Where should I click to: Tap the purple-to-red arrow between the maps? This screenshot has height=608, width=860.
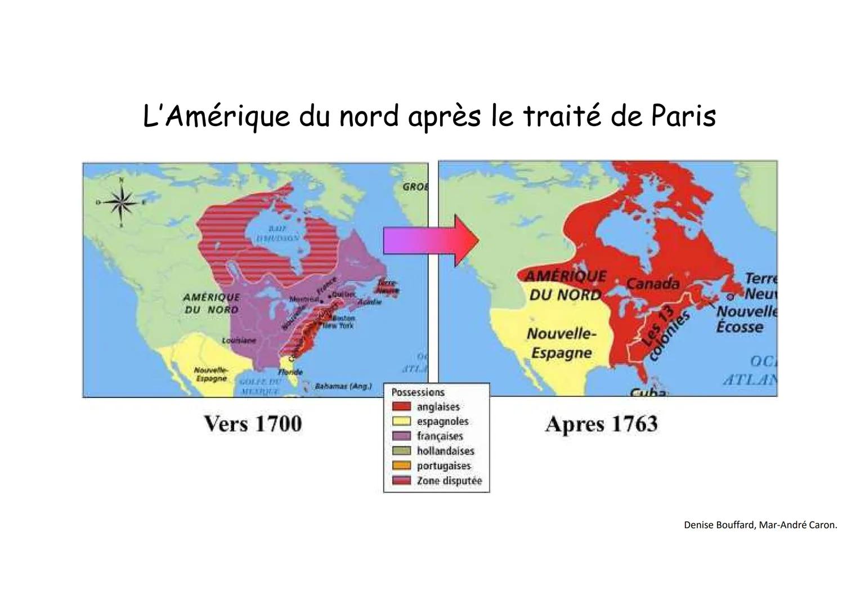tap(431, 241)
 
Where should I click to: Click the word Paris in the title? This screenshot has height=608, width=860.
tap(683, 117)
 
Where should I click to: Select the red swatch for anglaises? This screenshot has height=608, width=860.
tap(401, 406)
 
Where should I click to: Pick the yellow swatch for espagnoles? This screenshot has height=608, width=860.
tap(401, 421)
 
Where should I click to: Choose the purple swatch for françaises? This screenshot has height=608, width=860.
tap(401, 436)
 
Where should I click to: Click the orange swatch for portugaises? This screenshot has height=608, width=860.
tap(401, 466)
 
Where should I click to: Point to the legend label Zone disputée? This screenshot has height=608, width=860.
tap(449, 481)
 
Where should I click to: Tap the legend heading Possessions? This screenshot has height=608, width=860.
tap(418, 392)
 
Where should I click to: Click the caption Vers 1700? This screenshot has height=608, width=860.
tap(253, 424)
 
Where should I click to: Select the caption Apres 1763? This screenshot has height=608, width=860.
tap(601, 424)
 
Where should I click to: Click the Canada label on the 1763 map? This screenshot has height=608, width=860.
tap(653, 284)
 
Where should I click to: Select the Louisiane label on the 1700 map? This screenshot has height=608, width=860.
tap(239, 341)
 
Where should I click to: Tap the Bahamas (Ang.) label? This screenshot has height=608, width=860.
tap(343, 386)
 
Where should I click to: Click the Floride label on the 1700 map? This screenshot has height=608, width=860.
tap(290, 372)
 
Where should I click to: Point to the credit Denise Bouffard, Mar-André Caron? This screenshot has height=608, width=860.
tap(760, 525)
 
